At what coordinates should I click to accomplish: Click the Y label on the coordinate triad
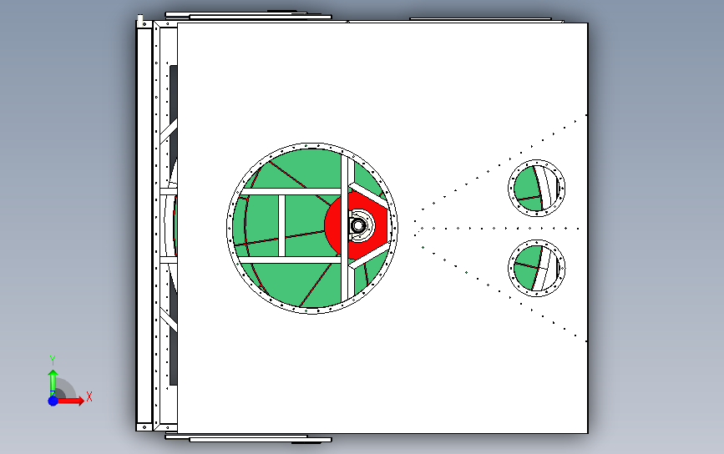coord(52,360)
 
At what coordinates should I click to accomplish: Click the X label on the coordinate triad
coord(89,396)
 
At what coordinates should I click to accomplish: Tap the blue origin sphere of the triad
coord(53,401)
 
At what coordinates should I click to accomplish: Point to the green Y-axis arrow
coord(53,382)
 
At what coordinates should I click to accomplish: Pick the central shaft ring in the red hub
coord(358,226)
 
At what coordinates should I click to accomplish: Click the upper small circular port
coord(537,188)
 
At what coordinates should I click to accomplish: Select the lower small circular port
coord(537,268)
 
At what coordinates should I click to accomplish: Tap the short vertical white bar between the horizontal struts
coord(281,225)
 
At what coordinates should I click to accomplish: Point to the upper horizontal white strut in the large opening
coord(291,191)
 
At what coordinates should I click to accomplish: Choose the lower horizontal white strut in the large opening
coord(291,260)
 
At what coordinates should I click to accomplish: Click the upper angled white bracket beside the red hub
coord(368,195)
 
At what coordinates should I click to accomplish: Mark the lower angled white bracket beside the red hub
coord(369,256)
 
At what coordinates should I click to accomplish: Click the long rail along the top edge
coord(248,15)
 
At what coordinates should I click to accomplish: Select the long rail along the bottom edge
coord(248,438)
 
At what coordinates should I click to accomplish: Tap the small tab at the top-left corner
coord(140,18)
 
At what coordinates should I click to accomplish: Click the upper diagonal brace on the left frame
coord(169,130)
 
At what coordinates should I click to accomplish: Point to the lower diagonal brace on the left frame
coord(169,320)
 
